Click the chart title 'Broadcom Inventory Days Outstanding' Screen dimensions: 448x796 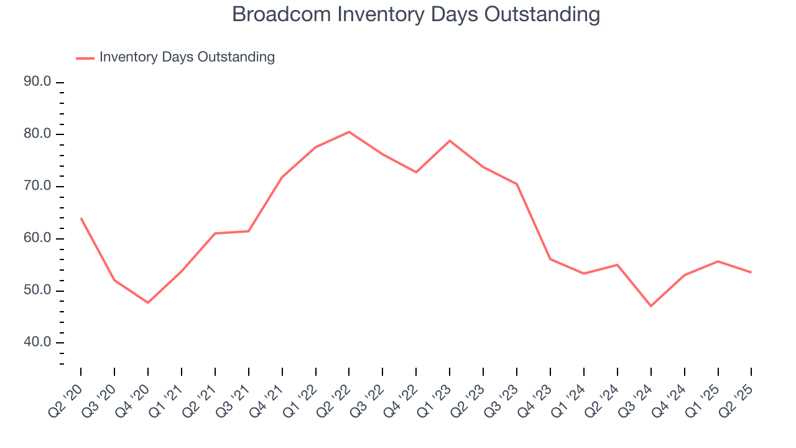416,14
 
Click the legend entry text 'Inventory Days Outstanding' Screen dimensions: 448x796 187,57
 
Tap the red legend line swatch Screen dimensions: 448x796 85,58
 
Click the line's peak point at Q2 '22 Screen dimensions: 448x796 349,132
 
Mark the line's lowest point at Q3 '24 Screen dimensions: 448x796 650,306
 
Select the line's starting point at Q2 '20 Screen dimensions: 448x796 81,218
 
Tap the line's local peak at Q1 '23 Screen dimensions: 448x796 450,141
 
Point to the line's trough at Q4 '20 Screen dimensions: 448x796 148,302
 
